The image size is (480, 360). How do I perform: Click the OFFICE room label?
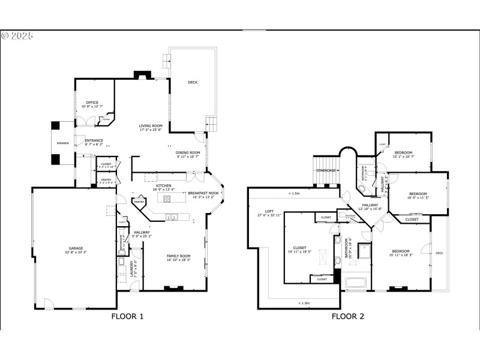click(92, 103)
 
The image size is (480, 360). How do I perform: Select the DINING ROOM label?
click(187, 152)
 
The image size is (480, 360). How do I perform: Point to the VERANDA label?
click(63, 143)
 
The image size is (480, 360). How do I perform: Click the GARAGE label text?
click(75, 248)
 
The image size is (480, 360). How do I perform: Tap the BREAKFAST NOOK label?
click(204, 193)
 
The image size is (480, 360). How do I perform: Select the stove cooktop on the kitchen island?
click(167, 198)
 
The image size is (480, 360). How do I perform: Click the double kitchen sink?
click(172, 217)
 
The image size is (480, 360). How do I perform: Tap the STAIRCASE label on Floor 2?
click(326, 170)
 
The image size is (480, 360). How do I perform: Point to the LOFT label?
click(270, 211)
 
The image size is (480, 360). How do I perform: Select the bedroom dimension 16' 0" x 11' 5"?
click(419, 197)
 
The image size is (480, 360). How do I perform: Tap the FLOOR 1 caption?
click(128, 316)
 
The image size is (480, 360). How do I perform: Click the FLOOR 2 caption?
click(348, 316)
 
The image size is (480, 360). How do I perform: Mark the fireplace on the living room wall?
click(142, 76)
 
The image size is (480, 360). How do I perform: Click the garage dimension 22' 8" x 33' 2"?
click(75, 252)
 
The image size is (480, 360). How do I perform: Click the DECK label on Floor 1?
click(193, 82)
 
